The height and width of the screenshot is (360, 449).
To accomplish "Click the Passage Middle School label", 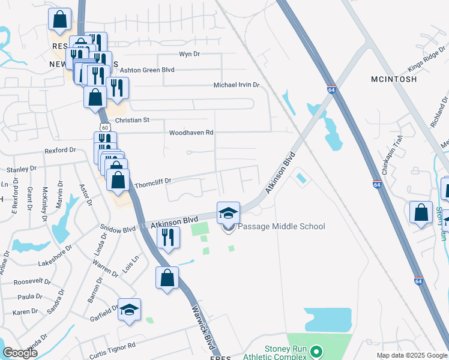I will (282, 226).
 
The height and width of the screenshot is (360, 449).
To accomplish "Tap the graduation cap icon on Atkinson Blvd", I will (228, 213).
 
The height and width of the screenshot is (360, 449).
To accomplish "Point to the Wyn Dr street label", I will (189, 54).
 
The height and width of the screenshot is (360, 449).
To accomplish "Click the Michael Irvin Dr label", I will (236, 85).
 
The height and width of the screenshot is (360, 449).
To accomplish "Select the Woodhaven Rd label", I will (191, 133).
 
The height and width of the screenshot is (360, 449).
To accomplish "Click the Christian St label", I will (132, 120).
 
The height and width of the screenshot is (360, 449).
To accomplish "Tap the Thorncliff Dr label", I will (153, 180).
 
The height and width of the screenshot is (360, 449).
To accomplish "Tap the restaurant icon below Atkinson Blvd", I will (168, 237).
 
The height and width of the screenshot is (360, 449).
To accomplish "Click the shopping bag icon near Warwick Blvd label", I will (167, 278).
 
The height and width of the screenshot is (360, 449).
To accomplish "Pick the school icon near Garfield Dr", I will (129, 310).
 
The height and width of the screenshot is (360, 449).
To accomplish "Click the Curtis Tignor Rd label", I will (112, 346).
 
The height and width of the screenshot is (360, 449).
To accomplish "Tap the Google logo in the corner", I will (20, 353).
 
